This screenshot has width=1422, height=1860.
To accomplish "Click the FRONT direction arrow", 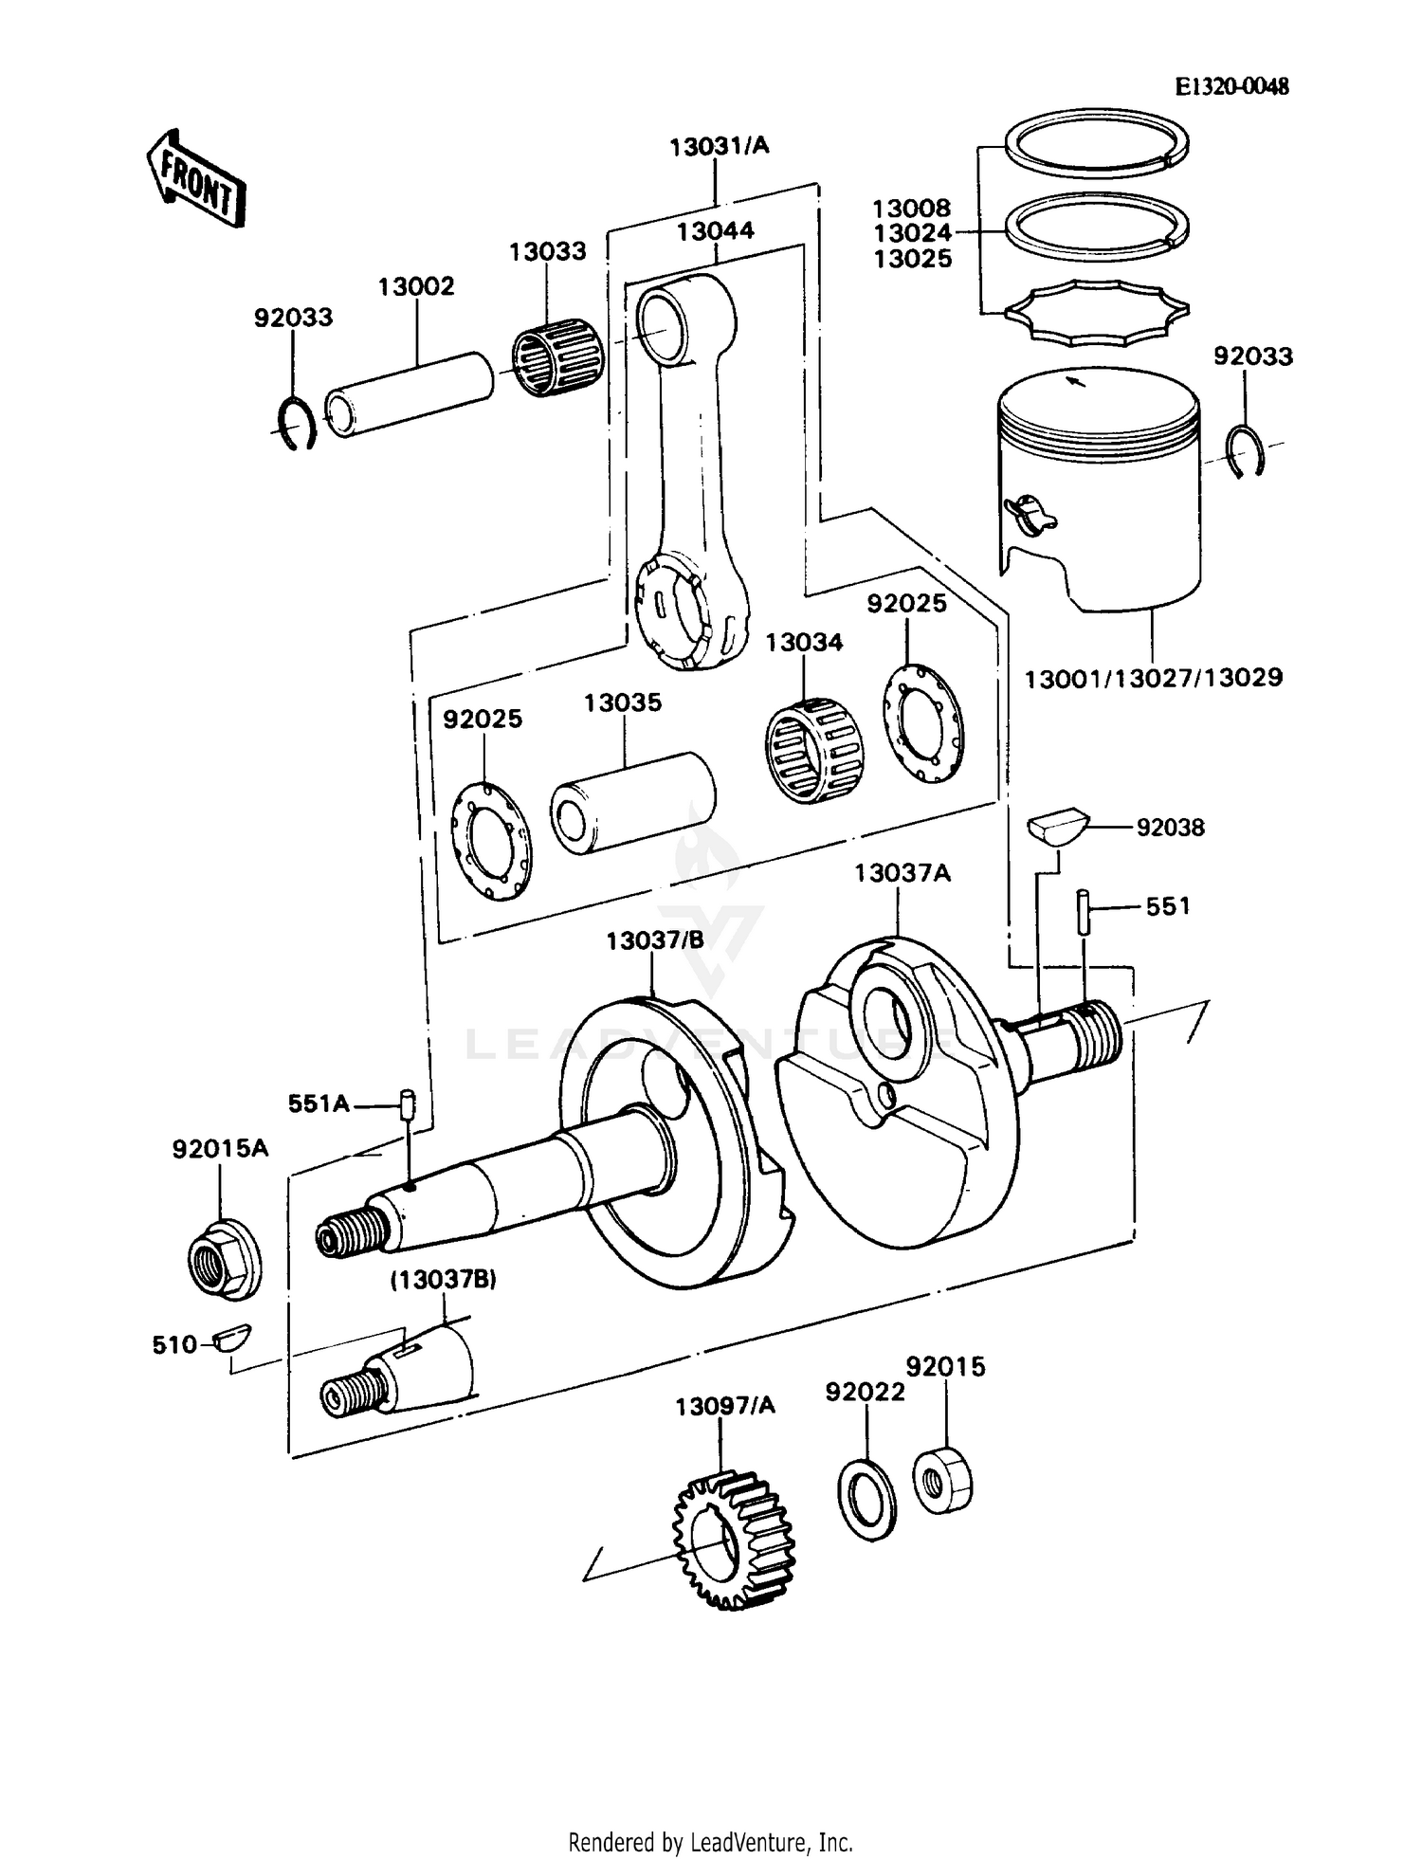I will (196, 180).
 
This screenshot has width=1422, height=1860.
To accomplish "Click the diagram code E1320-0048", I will (1231, 86).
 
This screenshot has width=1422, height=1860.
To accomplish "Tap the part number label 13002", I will (416, 286).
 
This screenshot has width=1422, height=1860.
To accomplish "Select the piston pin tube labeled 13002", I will (409, 393).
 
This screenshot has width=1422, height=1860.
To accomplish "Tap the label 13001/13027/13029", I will (1154, 678).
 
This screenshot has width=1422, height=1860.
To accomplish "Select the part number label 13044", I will (715, 230).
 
